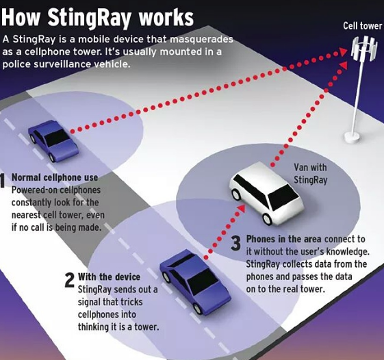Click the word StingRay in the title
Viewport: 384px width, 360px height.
(91, 18)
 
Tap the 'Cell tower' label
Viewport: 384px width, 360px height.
(363, 26)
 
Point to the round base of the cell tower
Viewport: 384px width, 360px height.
(353, 137)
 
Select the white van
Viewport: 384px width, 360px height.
(266, 194)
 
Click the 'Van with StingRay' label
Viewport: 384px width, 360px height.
(310, 174)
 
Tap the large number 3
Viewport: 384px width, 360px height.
(236, 243)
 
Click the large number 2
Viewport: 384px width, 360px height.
(70, 280)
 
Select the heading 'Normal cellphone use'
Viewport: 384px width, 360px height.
(55, 177)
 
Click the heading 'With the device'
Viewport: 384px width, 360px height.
(109, 277)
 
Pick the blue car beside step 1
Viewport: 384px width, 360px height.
(53, 140)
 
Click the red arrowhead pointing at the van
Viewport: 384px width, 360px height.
(242, 208)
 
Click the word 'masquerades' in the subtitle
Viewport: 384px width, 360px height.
(201, 40)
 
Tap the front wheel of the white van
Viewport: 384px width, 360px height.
(267, 219)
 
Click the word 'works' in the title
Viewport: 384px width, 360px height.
(166, 18)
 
